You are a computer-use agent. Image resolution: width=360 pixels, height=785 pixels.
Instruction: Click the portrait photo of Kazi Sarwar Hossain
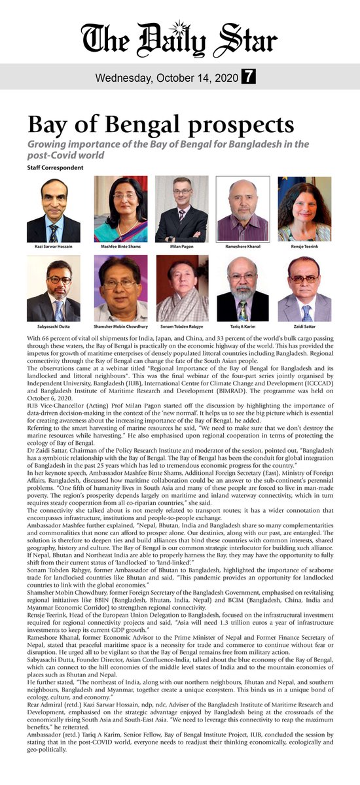click(x=54, y=210)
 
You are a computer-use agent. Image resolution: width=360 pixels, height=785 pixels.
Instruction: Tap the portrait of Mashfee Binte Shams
click(x=120, y=209)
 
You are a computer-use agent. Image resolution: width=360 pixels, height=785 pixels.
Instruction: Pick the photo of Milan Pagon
click(x=181, y=209)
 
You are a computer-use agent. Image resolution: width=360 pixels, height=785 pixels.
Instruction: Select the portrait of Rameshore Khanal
click(x=243, y=209)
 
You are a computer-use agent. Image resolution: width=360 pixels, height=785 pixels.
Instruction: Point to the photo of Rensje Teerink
click(x=304, y=209)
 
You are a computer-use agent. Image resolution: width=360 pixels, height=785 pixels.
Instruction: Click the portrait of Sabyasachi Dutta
click(x=54, y=288)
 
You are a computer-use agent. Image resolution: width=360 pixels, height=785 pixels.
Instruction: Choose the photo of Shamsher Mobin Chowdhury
click(x=120, y=288)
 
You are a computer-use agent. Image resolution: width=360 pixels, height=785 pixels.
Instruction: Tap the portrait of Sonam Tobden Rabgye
click(x=181, y=288)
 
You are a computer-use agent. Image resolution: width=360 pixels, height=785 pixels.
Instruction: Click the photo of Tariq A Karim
click(x=243, y=288)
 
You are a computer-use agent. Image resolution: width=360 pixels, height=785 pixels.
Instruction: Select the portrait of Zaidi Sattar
click(x=304, y=288)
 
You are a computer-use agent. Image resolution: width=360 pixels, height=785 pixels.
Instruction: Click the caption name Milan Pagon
click(x=181, y=247)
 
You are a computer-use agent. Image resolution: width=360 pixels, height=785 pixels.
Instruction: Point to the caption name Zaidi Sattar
click(x=304, y=324)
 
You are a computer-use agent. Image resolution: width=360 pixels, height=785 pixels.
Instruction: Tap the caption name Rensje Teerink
click(x=304, y=247)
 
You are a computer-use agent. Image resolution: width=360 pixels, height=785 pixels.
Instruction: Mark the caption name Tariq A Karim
click(x=243, y=324)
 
